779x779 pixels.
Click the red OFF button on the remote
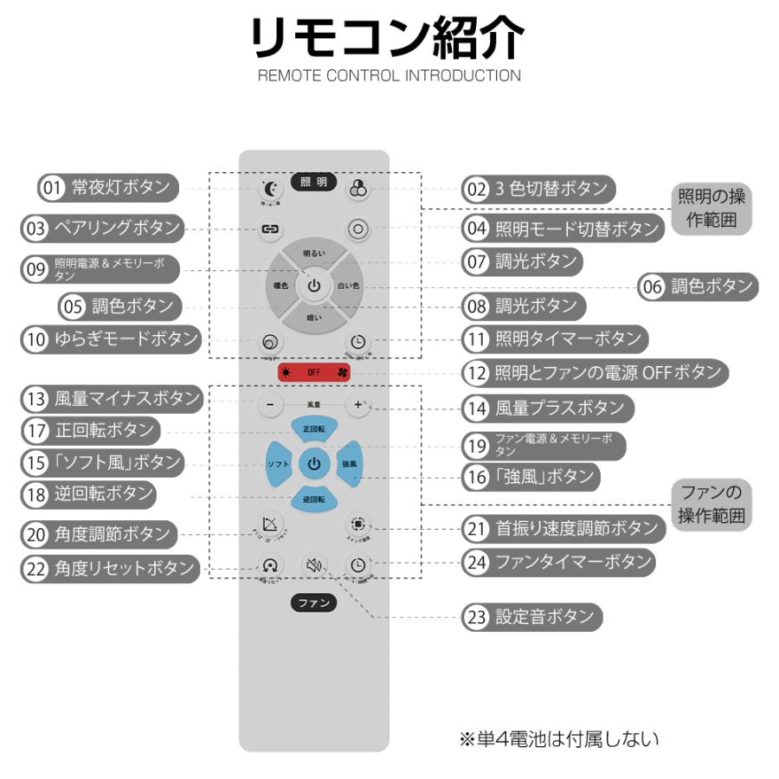(x=313, y=373)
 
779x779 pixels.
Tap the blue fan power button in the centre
(x=313, y=464)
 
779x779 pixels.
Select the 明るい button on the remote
(x=313, y=253)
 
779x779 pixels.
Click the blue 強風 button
(x=348, y=465)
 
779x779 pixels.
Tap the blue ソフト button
(x=278, y=465)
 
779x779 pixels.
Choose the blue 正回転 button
(x=313, y=429)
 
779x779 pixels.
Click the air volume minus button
(x=270, y=404)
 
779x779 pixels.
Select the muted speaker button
(x=313, y=566)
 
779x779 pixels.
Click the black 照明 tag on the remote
(x=313, y=182)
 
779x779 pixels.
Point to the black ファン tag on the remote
(x=313, y=603)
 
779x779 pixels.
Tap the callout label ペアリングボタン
(x=116, y=229)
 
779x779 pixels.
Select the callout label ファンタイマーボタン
(x=572, y=562)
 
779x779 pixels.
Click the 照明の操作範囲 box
(x=711, y=209)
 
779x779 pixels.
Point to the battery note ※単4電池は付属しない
(x=559, y=739)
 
